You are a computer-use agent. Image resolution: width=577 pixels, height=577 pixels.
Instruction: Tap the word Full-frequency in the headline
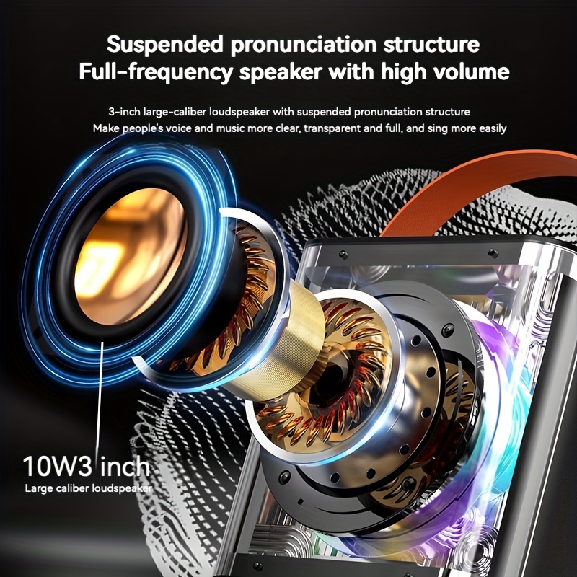[x=142, y=73]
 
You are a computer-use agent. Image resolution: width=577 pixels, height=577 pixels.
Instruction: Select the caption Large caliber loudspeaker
[x=89, y=488]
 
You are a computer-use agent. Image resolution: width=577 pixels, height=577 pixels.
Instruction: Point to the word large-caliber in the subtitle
[x=174, y=112]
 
